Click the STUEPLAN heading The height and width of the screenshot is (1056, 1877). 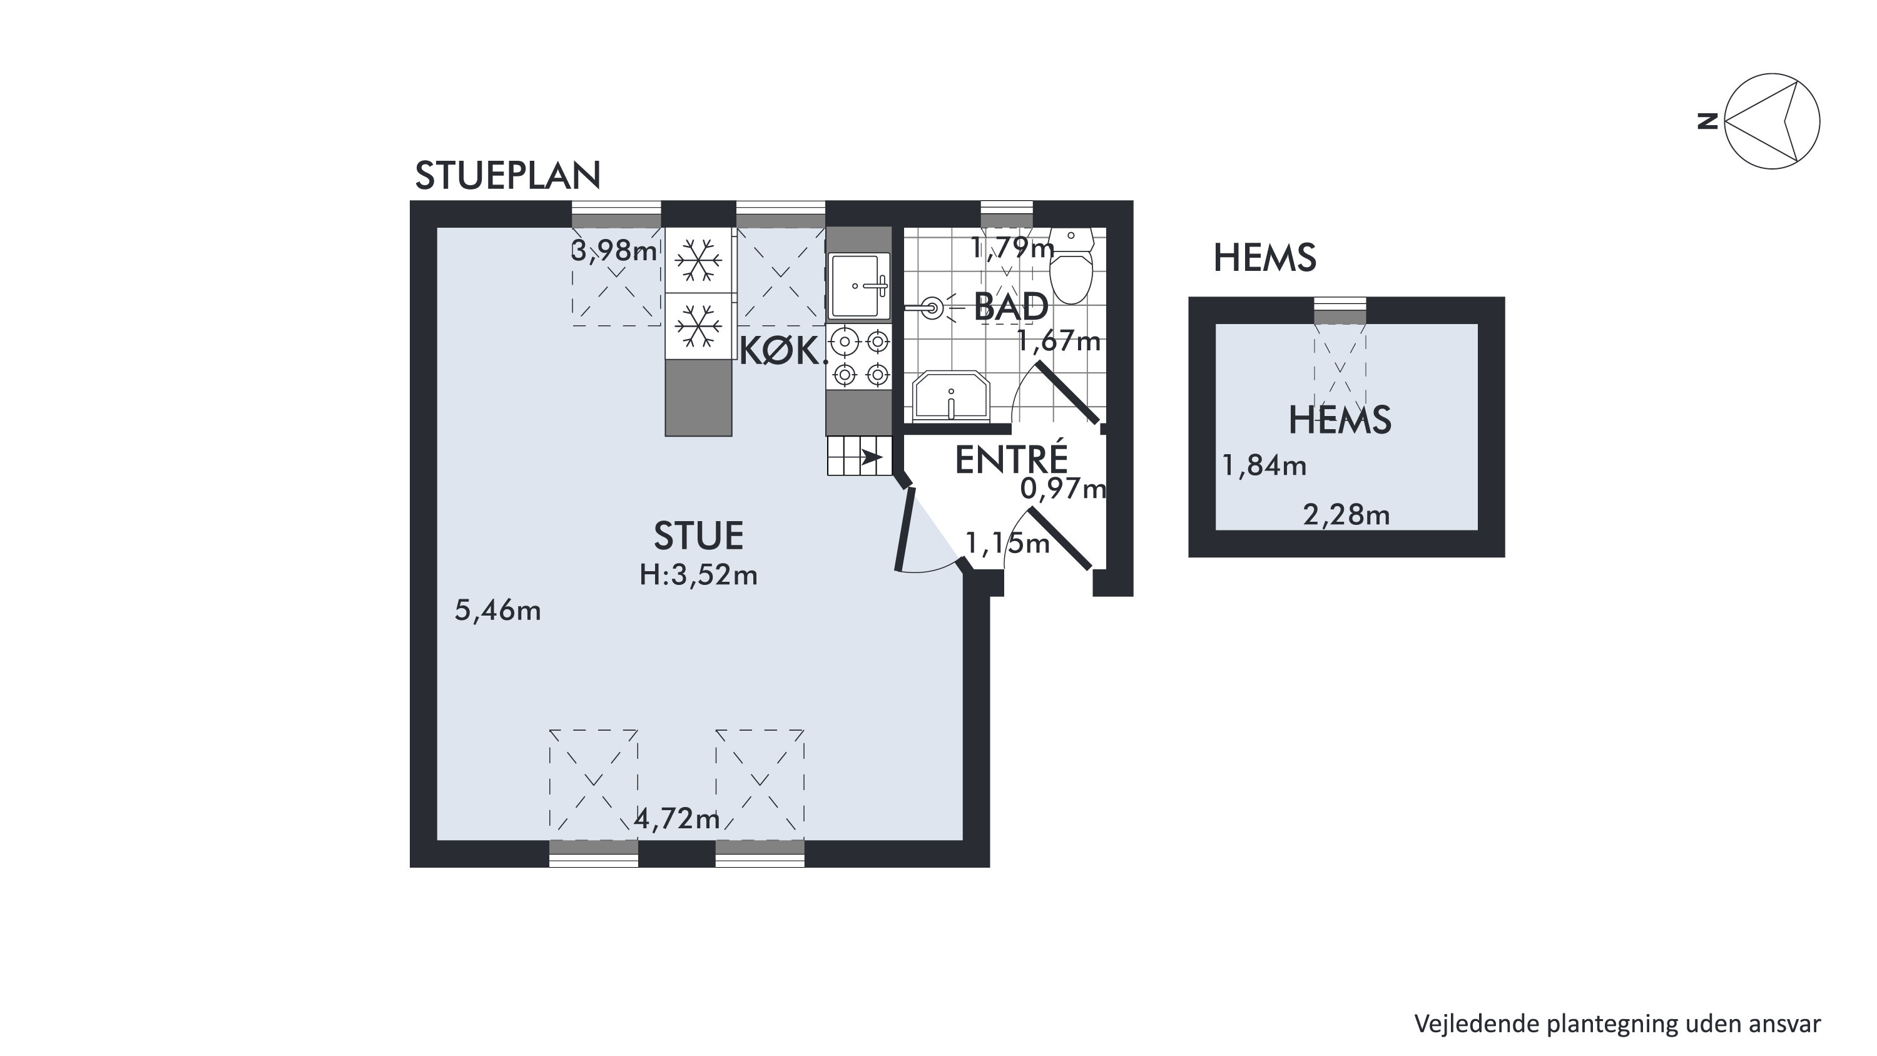click(x=508, y=175)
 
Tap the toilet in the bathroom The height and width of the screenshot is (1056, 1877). click(x=1071, y=266)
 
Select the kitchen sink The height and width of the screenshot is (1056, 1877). click(x=859, y=286)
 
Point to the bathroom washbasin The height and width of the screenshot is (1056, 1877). click(x=951, y=397)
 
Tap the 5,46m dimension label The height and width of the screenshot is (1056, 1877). click(x=497, y=611)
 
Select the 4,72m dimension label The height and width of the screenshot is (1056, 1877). click(x=677, y=819)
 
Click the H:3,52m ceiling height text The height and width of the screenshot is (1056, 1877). click(x=699, y=576)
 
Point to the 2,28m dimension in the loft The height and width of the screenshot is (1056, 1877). click(x=1346, y=516)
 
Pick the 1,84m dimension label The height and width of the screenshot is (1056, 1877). click(x=1264, y=465)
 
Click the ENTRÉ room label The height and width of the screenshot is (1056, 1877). click(x=1011, y=459)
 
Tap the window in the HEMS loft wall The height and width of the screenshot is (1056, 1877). click(x=1340, y=311)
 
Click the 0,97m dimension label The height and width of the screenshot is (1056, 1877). click(x=1063, y=489)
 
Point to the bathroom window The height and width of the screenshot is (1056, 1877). click(x=1007, y=214)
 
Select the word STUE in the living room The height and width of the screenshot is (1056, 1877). click(x=699, y=536)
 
